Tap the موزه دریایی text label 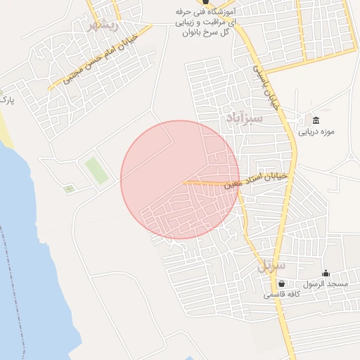click(x=314, y=131)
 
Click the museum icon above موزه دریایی click(x=315, y=119)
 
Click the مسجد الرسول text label click(x=326, y=283)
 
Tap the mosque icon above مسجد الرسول click(x=325, y=273)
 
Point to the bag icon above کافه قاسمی click(x=282, y=283)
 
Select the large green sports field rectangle click(x=97, y=170)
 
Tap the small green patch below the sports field click(x=68, y=188)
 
